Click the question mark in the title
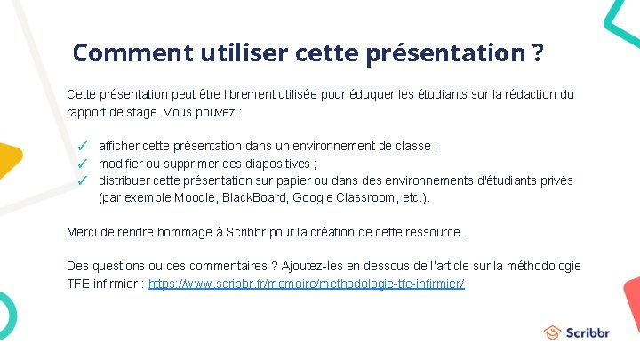pyautogui.click(x=537, y=52)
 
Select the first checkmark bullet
pyautogui.click(x=81, y=145)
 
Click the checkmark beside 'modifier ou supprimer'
pyautogui.click(x=81, y=164)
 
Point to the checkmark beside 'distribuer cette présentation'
pyautogui.click(x=81, y=180)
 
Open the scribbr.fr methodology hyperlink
pyautogui.click(x=307, y=284)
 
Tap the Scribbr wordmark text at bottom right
pyautogui.click(x=588, y=332)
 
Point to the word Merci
pyautogui.click(x=84, y=232)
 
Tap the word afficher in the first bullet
pyautogui.click(x=120, y=145)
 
